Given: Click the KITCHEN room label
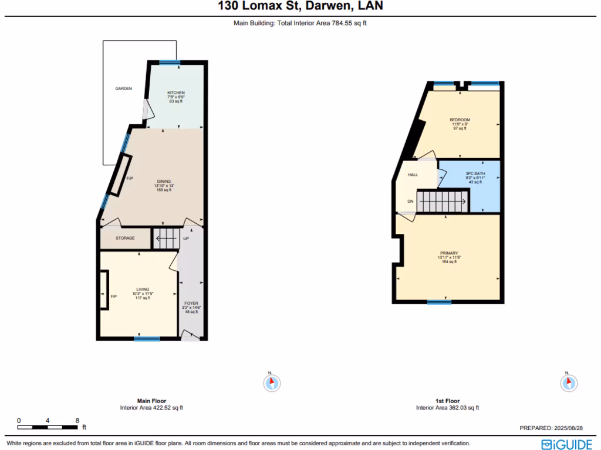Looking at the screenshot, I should (176, 93).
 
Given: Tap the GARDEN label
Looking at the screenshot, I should (123, 88).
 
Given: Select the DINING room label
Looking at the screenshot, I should (164, 182).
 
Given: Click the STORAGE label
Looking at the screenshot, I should (125, 238).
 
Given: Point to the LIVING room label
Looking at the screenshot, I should (143, 289).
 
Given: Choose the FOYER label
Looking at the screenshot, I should (191, 304).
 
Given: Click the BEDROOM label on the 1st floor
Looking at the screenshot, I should (460, 120).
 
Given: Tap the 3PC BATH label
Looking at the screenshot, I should (475, 174).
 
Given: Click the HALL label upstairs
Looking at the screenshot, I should (413, 175).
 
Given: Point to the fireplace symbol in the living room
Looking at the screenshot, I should (104, 296).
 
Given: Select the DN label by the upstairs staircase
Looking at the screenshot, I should (410, 202).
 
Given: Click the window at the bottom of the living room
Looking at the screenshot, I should (146, 338).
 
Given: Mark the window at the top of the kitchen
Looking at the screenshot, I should (170, 63).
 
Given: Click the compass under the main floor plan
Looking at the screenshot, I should (271, 383).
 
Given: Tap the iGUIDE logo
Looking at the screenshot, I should (566, 444).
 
